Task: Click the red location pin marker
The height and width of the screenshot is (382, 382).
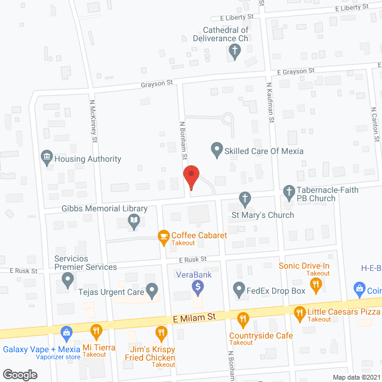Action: [190, 177]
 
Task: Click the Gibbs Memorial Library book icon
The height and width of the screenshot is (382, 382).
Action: [135, 223]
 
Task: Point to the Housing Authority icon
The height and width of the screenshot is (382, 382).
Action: [47, 159]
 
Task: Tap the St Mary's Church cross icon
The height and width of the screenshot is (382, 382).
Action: [244, 198]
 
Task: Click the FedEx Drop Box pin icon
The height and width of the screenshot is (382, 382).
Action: [239, 291]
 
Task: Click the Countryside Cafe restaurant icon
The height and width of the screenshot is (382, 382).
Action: [242, 319]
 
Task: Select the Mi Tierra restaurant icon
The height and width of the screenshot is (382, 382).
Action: [96, 331]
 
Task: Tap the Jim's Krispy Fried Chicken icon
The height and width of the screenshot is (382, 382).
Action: [161, 333]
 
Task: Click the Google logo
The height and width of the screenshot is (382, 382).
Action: [20, 374]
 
